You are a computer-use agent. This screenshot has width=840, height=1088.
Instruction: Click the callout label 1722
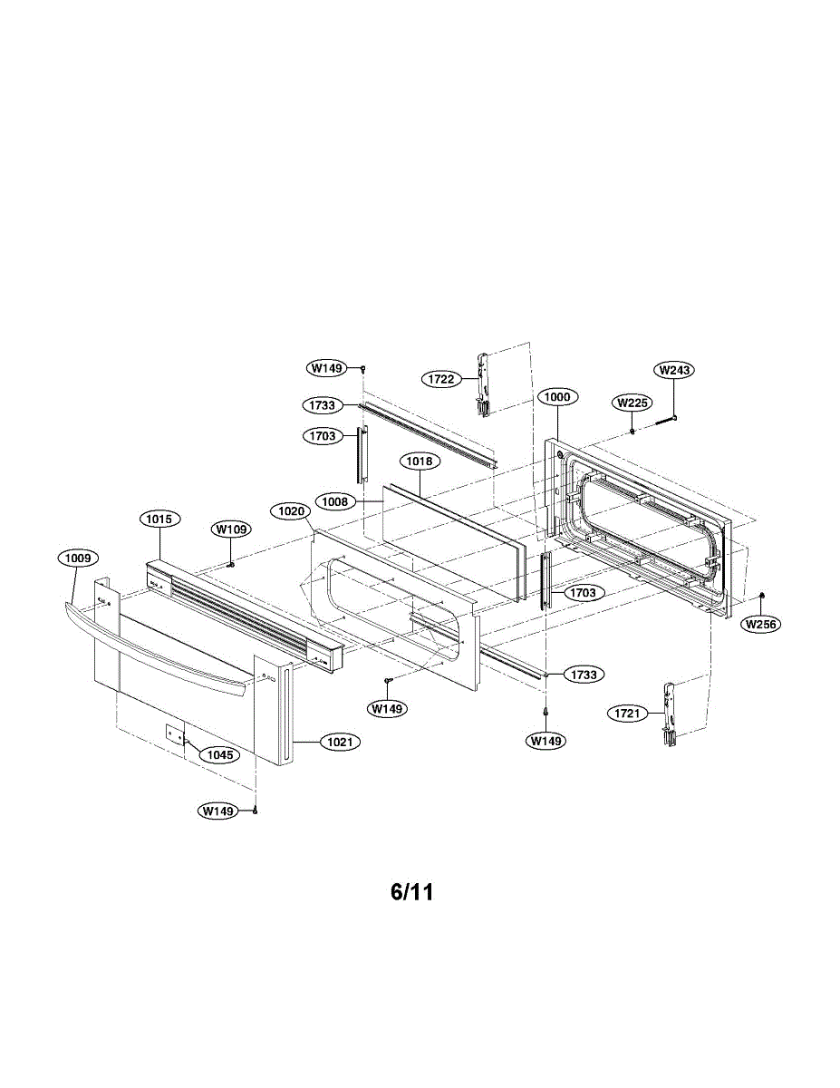pos(441,379)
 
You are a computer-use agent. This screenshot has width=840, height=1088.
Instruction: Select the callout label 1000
pos(555,397)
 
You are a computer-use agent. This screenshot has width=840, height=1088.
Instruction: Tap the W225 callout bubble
pos(632,403)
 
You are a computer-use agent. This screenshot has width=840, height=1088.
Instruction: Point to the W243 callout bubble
pos(673,370)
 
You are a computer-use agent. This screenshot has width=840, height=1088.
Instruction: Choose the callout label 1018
pos(420,461)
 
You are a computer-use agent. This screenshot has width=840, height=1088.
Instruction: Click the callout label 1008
pos(334,500)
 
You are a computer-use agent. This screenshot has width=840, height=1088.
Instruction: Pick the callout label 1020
pos(291,511)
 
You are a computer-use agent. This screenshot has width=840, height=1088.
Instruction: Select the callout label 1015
pos(159,519)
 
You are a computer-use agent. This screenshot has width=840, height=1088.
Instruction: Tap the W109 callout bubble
pos(232,529)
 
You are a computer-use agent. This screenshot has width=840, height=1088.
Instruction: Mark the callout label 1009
pos(78,559)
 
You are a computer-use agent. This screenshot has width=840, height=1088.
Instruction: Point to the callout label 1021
pos(342,742)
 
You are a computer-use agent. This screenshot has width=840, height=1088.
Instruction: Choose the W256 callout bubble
pos(760,624)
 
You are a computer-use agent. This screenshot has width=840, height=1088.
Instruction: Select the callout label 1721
pos(627,714)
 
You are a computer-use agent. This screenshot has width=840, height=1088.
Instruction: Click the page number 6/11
pos(412,892)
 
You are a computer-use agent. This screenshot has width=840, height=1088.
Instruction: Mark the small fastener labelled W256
pos(763,595)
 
